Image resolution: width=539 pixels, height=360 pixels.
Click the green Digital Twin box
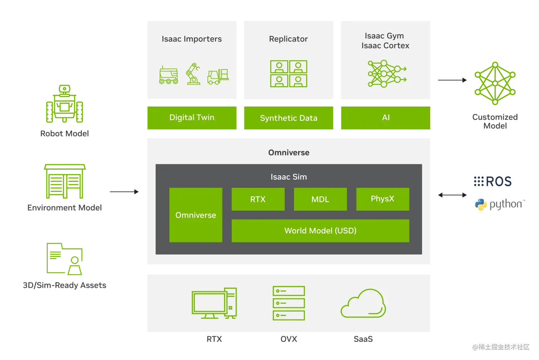coord(192,118)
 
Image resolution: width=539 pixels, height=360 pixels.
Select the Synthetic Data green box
coord(289,118)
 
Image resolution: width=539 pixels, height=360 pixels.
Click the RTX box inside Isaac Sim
coord(258,199)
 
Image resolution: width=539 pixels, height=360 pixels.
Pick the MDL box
coord(320,199)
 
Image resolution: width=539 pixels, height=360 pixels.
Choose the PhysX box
coord(383,199)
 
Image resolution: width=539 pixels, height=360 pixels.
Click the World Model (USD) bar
coord(320,231)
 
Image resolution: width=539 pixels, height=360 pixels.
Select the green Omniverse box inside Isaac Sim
coord(196,215)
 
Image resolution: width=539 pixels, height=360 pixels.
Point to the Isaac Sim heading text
coord(289,177)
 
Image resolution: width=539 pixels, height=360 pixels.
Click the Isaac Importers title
coord(192,39)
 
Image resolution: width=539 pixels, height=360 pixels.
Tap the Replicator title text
coord(288,39)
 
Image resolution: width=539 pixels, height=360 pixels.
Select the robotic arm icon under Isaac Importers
coord(193,74)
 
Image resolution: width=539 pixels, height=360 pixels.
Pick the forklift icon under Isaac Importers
coord(218,76)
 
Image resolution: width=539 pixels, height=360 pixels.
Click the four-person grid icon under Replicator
coord(289,74)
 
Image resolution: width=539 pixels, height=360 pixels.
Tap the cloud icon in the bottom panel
coord(363,304)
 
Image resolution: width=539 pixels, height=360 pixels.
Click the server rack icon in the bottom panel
coord(289,303)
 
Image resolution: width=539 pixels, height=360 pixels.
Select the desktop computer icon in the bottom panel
coord(214,303)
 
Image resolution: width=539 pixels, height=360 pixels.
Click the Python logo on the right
coord(480,205)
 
